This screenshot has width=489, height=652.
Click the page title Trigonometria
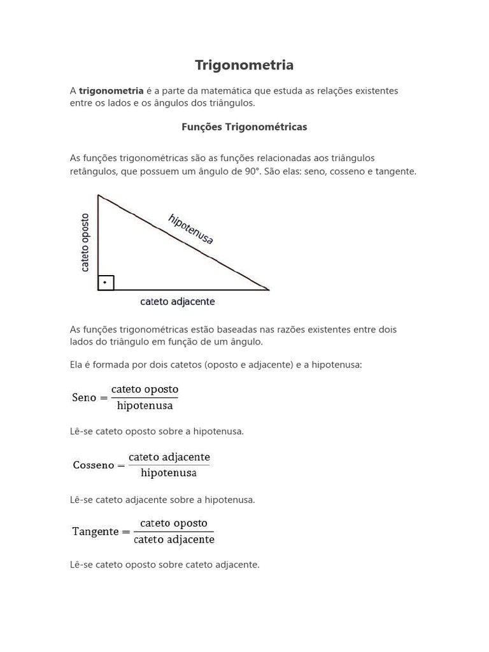[x=244, y=65]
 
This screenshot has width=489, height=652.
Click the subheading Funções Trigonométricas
[x=244, y=127]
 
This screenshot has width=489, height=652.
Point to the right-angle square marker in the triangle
[x=106, y=282]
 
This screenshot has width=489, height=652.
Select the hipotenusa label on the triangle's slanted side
[x=190, y=229]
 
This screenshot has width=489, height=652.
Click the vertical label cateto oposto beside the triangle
[x=85, y=243]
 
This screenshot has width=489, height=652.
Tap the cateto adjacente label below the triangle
[x=177, y=302]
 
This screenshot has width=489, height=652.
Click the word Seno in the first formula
[x=84, y=397]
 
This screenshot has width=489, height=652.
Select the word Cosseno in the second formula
[x=93, y=465]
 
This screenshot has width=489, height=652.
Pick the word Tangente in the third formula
[x=96, y=532]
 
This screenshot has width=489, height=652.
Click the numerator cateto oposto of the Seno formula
[x=145, y=389]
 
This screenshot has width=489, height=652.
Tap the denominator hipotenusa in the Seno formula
[x=145, y=406]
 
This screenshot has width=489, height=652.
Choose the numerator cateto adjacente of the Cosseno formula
[x=169, y=457]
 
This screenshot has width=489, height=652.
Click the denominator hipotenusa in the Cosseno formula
[x=169, y=473]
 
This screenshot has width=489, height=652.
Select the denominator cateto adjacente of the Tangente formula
[x=174, y=540]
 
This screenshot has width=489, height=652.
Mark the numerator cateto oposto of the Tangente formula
[x=174, y=523]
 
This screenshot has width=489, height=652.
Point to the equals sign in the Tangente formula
[x=126, y=532]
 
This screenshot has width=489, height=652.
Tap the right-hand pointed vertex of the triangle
[x=268, y=290]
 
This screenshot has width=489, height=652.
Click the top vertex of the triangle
[x=98, y=195]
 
